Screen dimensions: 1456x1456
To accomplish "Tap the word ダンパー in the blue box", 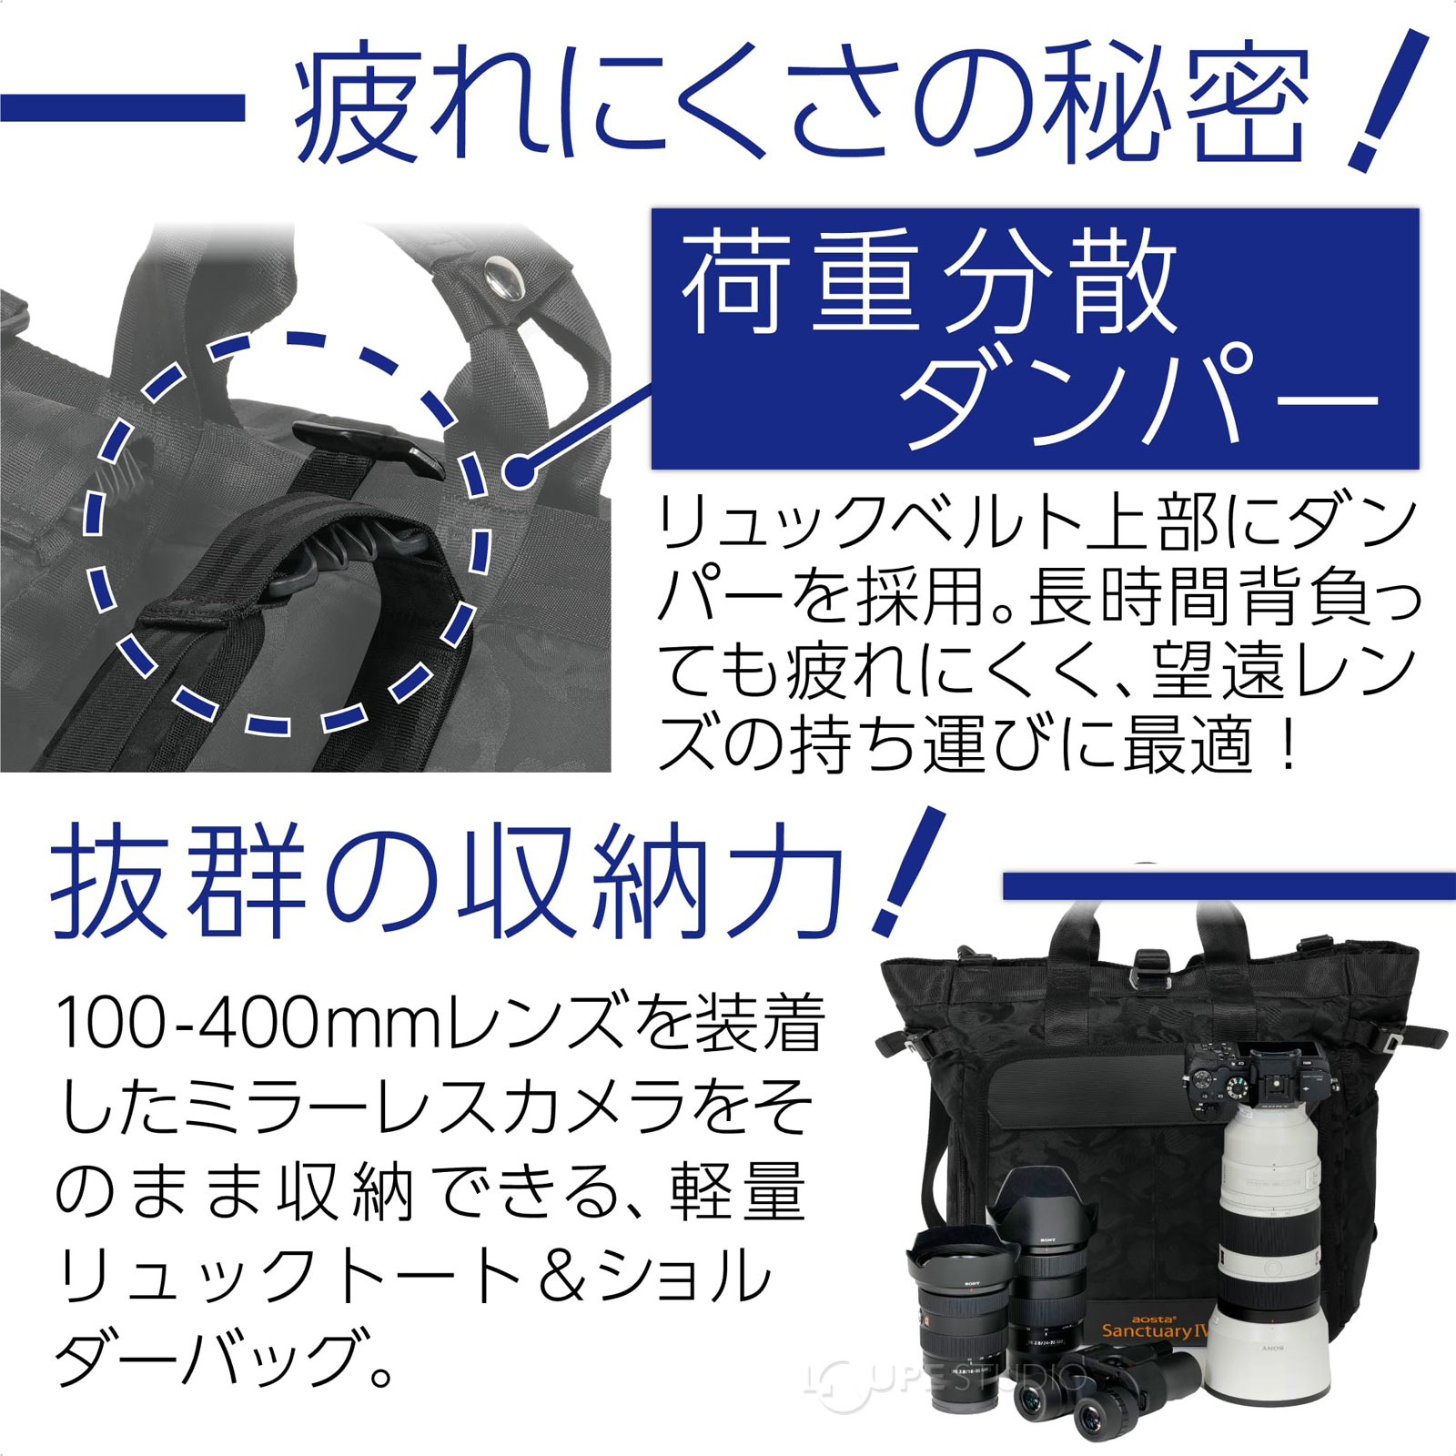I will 1137,396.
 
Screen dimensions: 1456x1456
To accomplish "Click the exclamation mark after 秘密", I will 1383,100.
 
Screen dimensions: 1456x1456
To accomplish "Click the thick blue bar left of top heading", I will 123,108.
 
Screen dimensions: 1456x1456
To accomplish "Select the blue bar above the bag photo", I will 1228,885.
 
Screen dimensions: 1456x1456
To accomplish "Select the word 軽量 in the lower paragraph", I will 737,1192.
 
